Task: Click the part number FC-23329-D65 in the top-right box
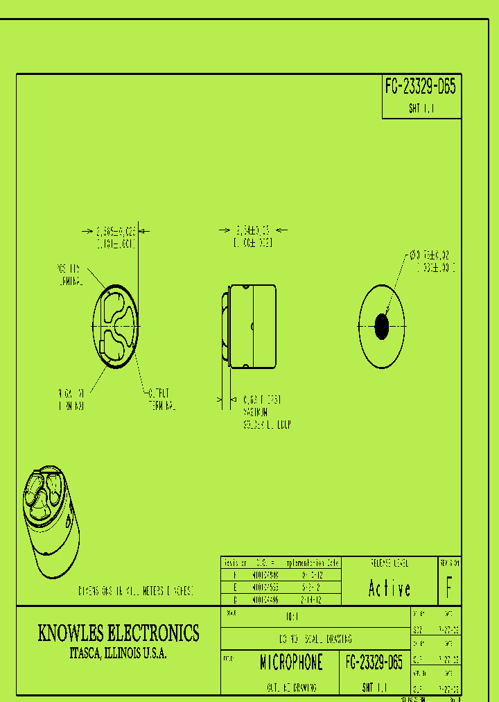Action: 421,87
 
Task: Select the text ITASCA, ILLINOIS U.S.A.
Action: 118,653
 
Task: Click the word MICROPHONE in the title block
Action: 291,663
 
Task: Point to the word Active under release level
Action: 389,589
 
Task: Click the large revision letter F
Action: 450,589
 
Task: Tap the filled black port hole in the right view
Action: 381,326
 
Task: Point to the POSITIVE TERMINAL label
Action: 68,275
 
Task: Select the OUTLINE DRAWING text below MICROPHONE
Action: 291,687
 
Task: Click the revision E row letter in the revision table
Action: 234,587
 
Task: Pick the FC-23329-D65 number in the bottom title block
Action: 374,663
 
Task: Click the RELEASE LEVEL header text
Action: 389,562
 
